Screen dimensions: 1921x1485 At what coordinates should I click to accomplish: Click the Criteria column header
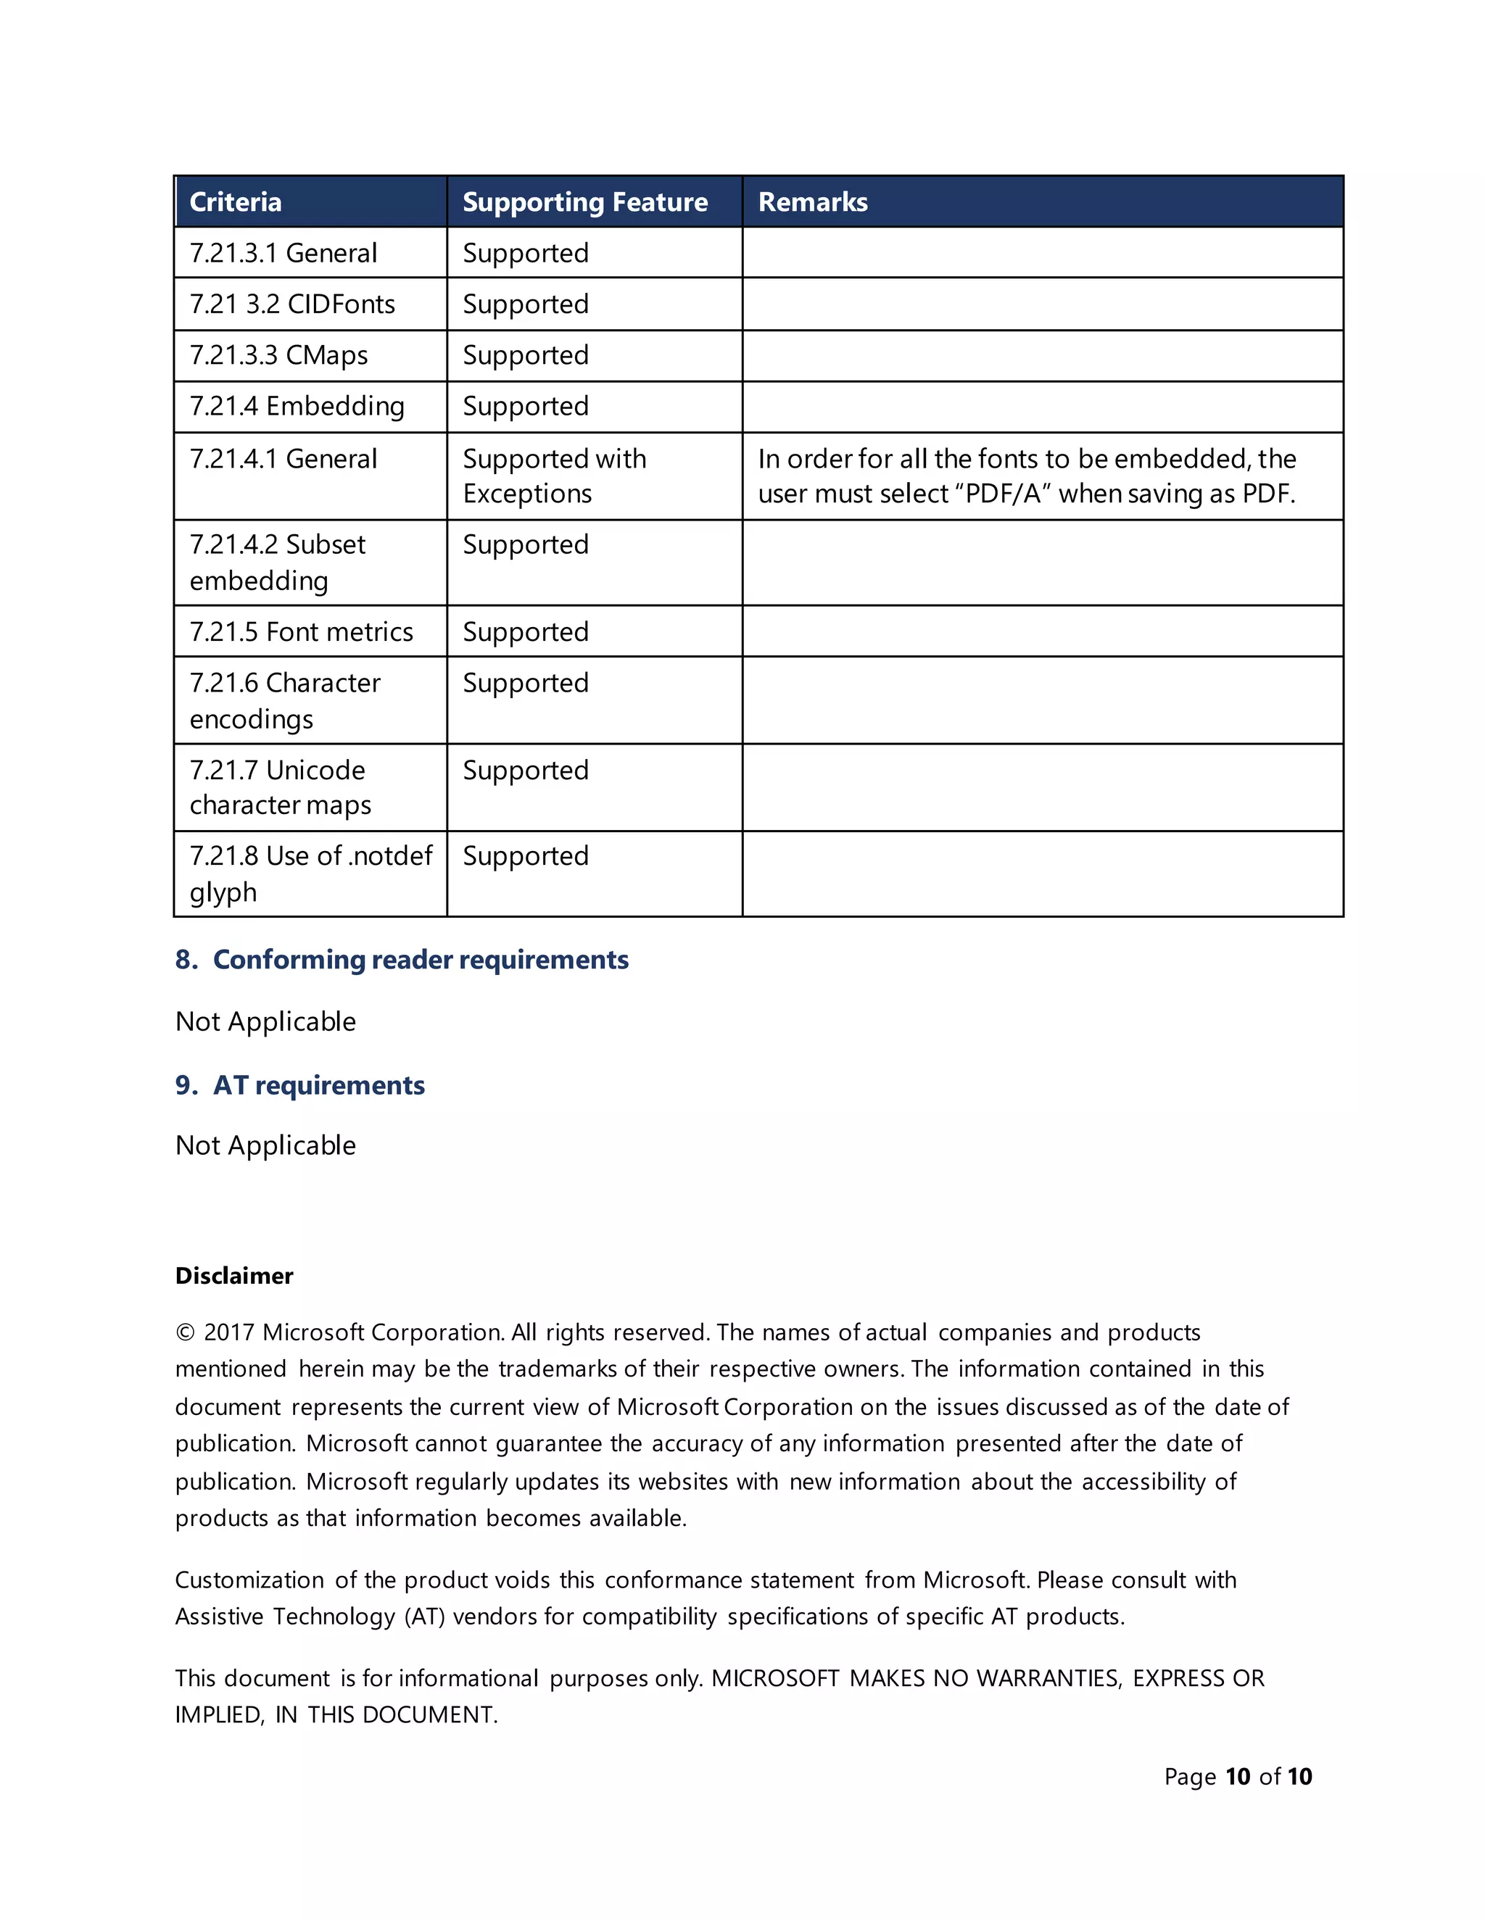coord(236,202)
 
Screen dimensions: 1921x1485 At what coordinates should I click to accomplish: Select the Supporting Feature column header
coord(585,202)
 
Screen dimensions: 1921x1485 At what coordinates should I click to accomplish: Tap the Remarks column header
coord(813,202)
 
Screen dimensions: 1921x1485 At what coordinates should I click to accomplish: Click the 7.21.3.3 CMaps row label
coord(279,355)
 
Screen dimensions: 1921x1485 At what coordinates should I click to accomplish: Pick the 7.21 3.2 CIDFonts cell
coord(292,304)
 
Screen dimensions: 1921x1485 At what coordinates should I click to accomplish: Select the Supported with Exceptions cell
coord(554,476)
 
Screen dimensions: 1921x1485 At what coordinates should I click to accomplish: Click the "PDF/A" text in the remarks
coord(1002,494)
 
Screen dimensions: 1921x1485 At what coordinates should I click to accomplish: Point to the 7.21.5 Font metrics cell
coord(301,631)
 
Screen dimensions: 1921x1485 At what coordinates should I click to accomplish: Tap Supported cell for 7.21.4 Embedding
coord(525,407)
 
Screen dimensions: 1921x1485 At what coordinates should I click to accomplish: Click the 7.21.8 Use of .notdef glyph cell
coord(310,874)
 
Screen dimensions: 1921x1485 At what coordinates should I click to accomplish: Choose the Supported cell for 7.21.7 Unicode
coord(525,771)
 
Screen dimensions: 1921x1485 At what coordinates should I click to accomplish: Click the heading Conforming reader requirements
coord(421,960)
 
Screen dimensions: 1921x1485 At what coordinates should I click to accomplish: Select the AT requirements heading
coord(318,1085)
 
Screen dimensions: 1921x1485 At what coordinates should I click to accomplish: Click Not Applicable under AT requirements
coord(265,1145)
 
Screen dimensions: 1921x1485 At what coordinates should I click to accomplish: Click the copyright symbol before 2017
coord(185,1332)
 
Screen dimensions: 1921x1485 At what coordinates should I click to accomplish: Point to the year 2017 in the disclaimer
coord(228,1332)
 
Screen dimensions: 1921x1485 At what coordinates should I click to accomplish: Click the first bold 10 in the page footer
coord(1237,1777)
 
